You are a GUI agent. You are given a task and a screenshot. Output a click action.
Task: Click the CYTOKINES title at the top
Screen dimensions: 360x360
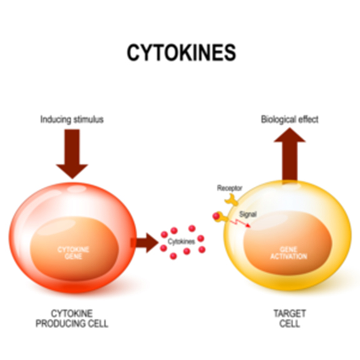pos(181,52)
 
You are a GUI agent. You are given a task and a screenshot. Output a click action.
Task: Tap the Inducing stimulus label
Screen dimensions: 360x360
pos(72,119)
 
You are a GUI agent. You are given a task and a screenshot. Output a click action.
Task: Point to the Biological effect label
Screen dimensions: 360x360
pos(290,119)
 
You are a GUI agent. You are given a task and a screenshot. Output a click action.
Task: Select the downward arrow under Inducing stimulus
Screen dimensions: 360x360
pos(72,154)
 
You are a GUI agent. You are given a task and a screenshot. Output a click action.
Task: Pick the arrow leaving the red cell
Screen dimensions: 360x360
pos(144,243)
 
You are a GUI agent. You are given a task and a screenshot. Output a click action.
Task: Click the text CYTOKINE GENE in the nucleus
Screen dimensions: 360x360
pos(73,253)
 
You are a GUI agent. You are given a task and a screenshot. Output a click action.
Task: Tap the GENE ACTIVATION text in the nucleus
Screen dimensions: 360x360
pos(289,252)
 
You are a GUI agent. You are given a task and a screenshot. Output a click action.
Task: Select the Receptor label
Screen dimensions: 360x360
pos(229,188)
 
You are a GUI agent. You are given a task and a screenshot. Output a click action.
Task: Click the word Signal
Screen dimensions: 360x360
pos(247,214)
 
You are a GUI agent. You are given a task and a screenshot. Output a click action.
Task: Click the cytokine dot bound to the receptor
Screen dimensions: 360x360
pos(216,216)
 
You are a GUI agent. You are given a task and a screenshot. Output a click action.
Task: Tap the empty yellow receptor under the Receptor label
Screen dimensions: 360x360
pos(231,200)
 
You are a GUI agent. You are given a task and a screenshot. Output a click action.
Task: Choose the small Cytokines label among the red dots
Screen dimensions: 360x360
pos(181,241)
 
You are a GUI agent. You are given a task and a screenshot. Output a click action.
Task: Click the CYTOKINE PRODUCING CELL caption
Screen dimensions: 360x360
pos(72,319)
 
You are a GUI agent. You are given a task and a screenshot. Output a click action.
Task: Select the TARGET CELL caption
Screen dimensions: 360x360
pos(290,319)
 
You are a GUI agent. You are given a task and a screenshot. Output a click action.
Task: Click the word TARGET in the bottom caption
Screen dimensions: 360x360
pos(290,314)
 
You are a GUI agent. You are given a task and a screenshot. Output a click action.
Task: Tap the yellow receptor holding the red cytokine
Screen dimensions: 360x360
pos(224,216)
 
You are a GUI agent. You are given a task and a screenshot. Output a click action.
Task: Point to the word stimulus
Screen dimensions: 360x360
pos(88,119)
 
